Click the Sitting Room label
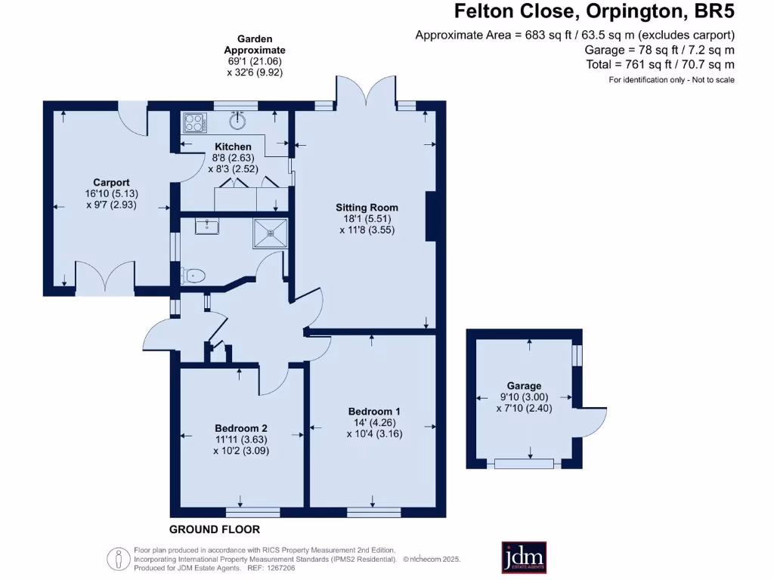(x=367, y=207)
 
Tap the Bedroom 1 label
(x=374, y=411)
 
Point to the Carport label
(x=111, y=182)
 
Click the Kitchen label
(x=233, y=147)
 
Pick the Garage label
(x=525, y=386)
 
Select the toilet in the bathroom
(x=193, y=276)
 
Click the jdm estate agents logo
(x=524, y=557)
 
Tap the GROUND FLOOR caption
(x=215, y=529)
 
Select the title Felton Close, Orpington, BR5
(x=593, y=12)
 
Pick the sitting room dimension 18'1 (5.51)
(x=367, y=219)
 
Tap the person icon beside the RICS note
(x=118, y=559)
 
